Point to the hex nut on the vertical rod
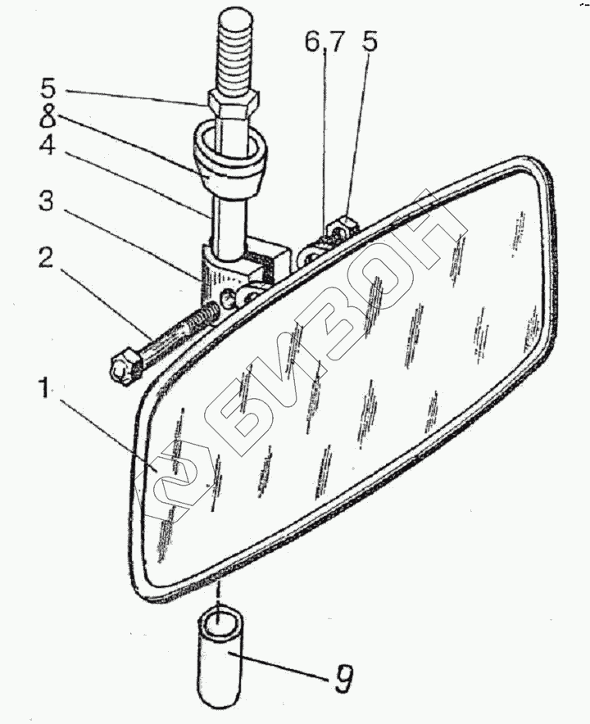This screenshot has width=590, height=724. [234, 104]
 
